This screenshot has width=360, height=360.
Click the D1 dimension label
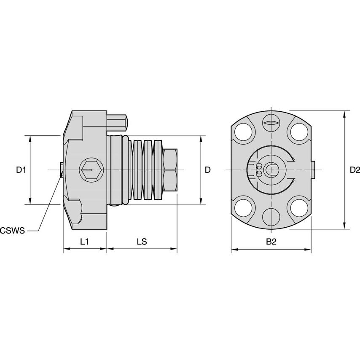[x=21, y=170]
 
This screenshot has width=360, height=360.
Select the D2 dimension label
[x=355, y=170]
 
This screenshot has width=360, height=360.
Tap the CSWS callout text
[x=12, y=230]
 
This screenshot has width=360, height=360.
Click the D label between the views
[x=207, y=170]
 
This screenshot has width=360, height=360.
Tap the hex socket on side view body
[x=87, y=170]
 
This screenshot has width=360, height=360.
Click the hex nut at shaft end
[x=170, y=170]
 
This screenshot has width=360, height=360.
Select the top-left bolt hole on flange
[x=244, y=133]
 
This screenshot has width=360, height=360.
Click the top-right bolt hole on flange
[x=298, y=133]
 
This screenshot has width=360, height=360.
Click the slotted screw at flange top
[x=271, y=123]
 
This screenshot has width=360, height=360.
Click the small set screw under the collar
[x=115, y=206]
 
